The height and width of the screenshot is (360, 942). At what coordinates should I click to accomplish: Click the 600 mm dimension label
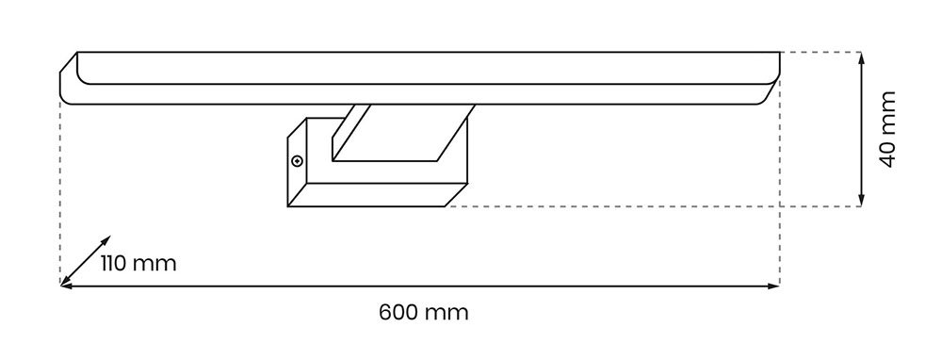[x=424, y=313]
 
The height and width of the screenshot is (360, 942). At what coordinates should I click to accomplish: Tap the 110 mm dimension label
[x=138, y=264]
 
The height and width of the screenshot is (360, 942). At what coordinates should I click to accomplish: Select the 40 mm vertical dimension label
[x=887, y=129]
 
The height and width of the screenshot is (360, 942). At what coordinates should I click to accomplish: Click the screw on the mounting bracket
[x=296, y=160]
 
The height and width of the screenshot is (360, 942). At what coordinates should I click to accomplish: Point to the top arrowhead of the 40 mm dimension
[x=861, y=57]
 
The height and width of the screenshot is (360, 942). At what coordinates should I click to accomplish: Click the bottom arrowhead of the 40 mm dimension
[x=861, y=201]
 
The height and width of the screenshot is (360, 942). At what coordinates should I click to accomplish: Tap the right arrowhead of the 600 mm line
[x=773, y=286]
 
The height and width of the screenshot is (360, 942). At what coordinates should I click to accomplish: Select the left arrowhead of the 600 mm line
[x=66, y=286]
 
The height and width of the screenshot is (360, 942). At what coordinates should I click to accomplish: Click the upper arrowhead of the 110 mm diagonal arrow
[x=106, y=239]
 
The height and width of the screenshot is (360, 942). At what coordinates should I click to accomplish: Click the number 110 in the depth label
[x=114, y=264]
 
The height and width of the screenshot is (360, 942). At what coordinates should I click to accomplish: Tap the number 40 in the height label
[x=887, y=154]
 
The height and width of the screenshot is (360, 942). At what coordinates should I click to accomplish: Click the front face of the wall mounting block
[x=377, y=194]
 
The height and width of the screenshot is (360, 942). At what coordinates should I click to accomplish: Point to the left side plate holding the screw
[x=298, y=162]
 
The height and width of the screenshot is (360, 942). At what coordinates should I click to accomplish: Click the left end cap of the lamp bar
[x=69, y=78]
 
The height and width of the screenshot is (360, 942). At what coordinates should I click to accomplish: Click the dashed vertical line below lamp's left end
[x=60, y=192]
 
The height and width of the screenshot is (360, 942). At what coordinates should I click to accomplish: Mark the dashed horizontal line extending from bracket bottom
[x=654, y=206]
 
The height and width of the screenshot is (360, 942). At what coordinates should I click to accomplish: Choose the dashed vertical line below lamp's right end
[x=780, y=180]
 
